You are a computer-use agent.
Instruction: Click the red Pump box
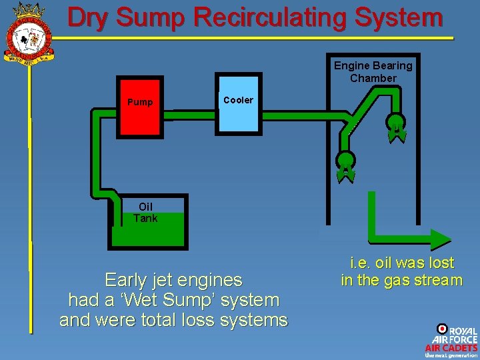(140, 110)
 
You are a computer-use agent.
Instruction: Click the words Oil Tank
(145, 213)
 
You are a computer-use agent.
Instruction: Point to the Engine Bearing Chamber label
(373, 72)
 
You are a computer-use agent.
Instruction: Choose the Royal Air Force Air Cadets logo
(451, 341)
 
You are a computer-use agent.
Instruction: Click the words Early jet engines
(173, 279)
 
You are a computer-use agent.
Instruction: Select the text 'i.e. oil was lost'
(401, 263)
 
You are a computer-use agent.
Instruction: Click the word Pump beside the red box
(140, 102)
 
